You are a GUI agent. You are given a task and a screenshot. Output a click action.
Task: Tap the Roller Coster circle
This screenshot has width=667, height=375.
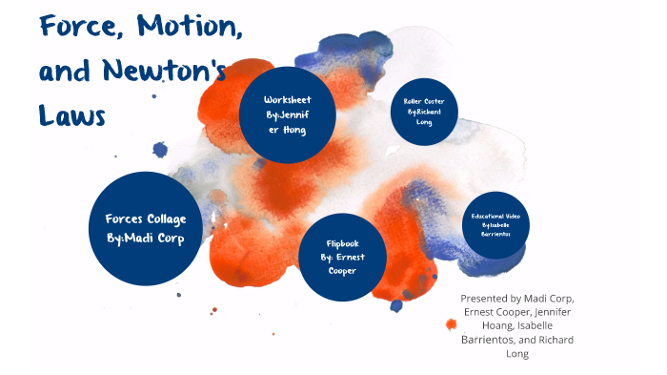point(424,112)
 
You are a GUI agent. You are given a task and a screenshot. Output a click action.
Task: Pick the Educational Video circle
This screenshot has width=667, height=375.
point(495,225)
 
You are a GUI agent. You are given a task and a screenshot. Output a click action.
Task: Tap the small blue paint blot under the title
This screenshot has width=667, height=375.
point(160,149)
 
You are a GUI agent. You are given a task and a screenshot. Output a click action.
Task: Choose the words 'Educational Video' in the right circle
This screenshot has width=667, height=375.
point(495,217)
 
